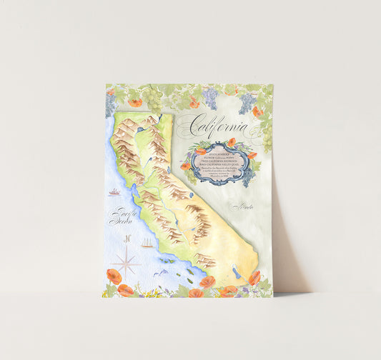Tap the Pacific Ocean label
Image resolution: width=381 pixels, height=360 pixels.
coord(121,216)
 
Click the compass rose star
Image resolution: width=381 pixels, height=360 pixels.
coord(127,261)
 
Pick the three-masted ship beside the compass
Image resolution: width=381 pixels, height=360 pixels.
coord(147,244)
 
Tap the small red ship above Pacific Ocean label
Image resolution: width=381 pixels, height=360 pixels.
coord(114,192)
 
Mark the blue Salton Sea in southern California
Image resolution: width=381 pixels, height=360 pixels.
coord(236,273)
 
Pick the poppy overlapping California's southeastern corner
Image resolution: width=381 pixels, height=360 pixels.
coord(254,276)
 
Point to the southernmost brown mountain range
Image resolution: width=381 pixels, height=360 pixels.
coord(205,260)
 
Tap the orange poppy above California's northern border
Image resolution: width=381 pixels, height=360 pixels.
coord(134,104)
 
